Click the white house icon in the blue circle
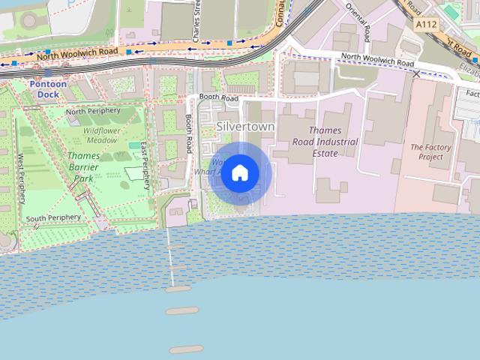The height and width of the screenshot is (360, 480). click(x=239, y=173)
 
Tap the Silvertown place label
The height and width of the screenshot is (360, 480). click(x=245, y=127)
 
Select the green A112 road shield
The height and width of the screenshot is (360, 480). click(x=427, y=25)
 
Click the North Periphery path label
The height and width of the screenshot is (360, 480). click(x=93, y=111)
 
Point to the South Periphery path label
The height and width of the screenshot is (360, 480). click(x=52, y=218)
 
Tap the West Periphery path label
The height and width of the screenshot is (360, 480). click(x=22, y=178)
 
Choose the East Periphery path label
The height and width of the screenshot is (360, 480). click(x=145, y=163)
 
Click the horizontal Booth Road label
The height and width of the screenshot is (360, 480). click(x=217, y=98)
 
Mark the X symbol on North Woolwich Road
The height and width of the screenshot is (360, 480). click(x=416, y=73)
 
